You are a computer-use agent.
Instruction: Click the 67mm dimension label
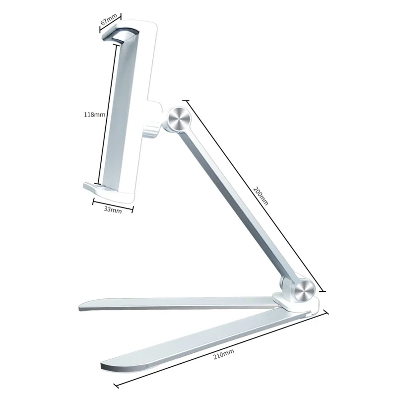(109, 19)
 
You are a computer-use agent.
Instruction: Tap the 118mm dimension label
(94, 115)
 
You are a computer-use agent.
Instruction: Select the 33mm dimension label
(113, 210)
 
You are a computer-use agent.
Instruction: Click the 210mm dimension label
(224, 354)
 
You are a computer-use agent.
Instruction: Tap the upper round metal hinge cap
(179, 119)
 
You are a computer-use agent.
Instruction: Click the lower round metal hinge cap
(305, 291)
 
